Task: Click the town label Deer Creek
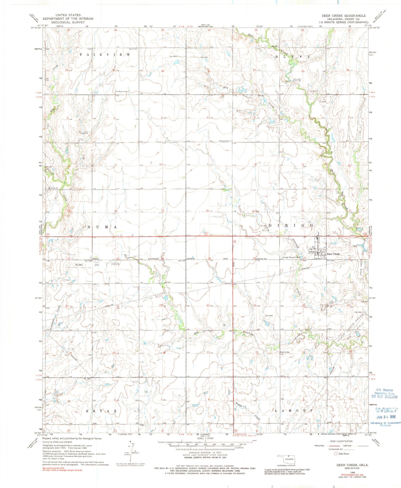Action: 333,254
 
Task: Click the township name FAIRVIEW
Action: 105,55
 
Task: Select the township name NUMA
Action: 102,227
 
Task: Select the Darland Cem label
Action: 224,141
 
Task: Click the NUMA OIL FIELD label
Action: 97,264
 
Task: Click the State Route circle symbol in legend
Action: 336,454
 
